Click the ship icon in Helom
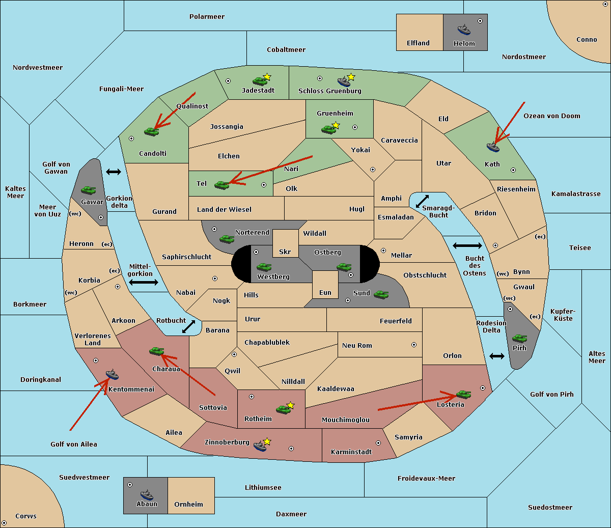tap(464, 30)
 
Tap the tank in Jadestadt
tap(260, 81)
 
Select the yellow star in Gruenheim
tap(336, 125)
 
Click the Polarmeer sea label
tap(207, 17)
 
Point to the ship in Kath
tap(493, 147)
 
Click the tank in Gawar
tap(89, 190)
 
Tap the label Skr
tap(285, 252)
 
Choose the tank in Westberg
tap(264, 267)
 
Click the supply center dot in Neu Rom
tap(414, 345)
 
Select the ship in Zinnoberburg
tap(260, 446)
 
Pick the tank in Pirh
tap(519, 338)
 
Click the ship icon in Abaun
tap(147, 495)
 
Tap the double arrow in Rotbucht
tap(188, 326)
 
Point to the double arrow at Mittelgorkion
tap(144, 282)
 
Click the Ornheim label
tap(188, 504)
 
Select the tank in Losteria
tap(463, 394)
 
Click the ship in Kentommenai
tap(112, 374)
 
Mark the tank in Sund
tap(381, 294)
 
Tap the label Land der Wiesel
tap(224, 209)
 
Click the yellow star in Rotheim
tap(290, 405)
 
